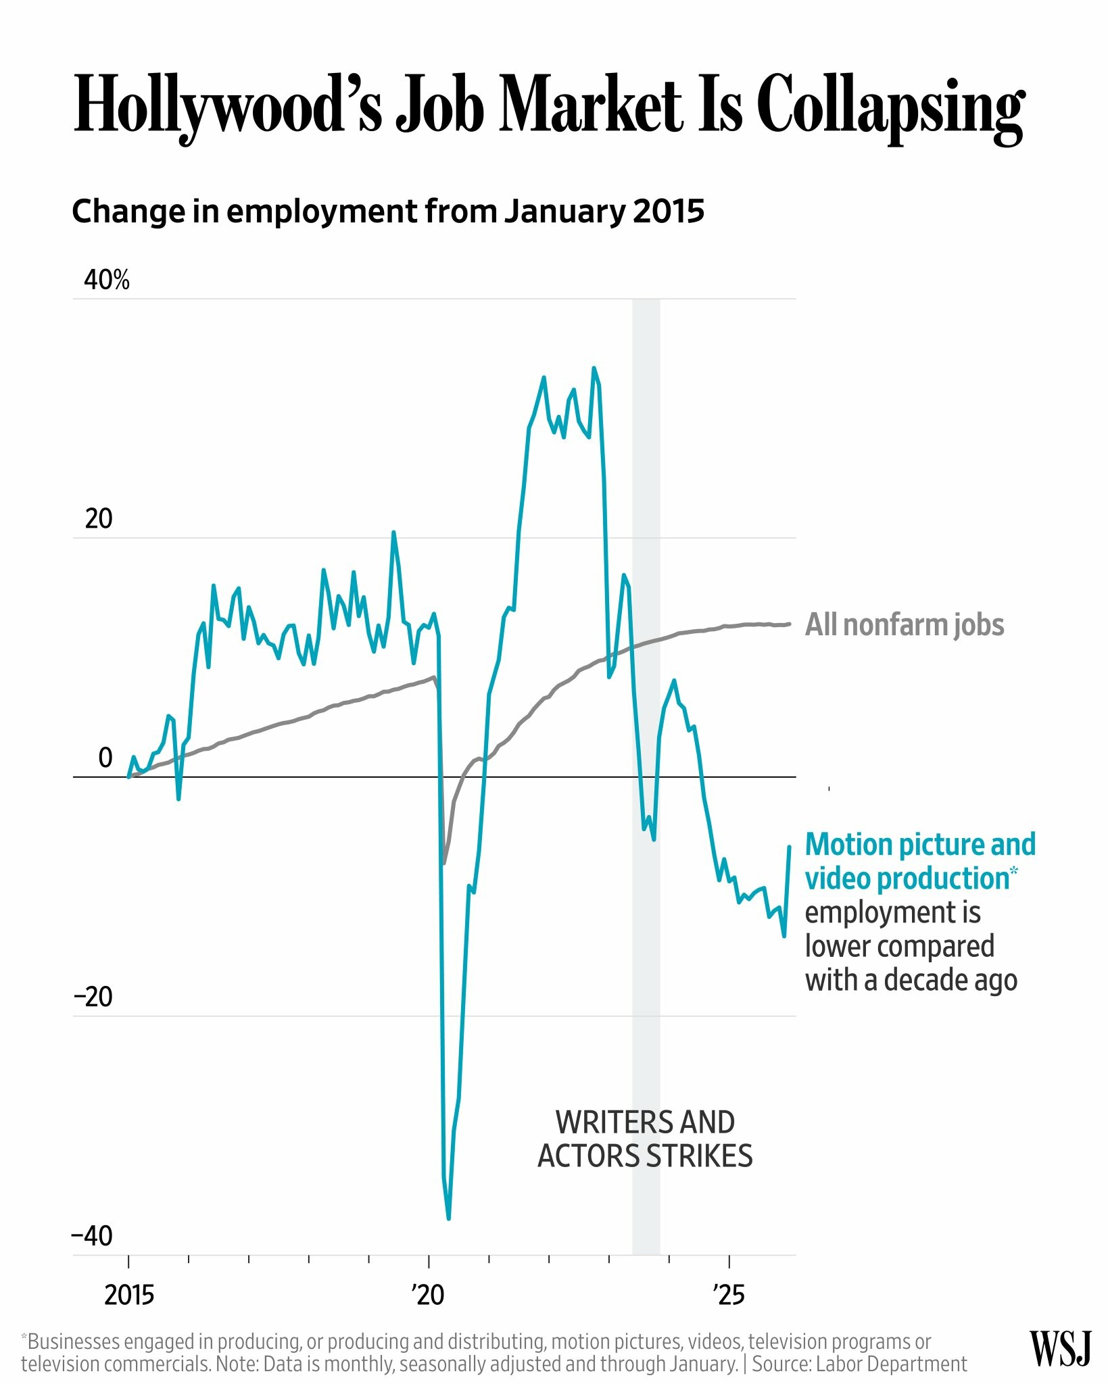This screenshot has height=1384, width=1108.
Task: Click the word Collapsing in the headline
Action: (x=890, y=107)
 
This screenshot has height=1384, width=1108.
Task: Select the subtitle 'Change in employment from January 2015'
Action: (x=388, y=212)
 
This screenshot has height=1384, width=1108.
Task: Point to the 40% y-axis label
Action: (x=107, y=280)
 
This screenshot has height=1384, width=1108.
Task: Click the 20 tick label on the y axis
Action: (x=99, y=519)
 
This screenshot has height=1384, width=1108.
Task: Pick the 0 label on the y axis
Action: (x=105, y=758)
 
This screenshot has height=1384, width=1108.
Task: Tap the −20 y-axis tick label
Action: (x=93, y=997)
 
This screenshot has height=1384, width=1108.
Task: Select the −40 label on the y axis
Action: (x=93, y=1237)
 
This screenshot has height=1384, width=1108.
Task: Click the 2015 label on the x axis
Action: (x=129, y=1295)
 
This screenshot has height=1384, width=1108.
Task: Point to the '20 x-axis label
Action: (x=428, y=1295)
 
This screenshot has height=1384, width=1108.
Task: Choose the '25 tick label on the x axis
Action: (x=728, y=1295)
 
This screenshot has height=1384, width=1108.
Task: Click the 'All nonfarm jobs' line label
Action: (x=905, y=625)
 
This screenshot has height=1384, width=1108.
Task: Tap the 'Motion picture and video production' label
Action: (x=920, y=862)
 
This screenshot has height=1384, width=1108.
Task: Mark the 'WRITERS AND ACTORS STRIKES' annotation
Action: (x=645, y=1139)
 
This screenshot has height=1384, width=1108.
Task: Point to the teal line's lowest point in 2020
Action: (x=449, y=1218)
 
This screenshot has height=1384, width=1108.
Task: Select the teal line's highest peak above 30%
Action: (x=594, y=368)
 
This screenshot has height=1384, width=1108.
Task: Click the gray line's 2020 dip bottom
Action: (x=444, y=863)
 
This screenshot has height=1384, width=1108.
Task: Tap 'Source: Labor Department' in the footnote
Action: (x=859, y=1364)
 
